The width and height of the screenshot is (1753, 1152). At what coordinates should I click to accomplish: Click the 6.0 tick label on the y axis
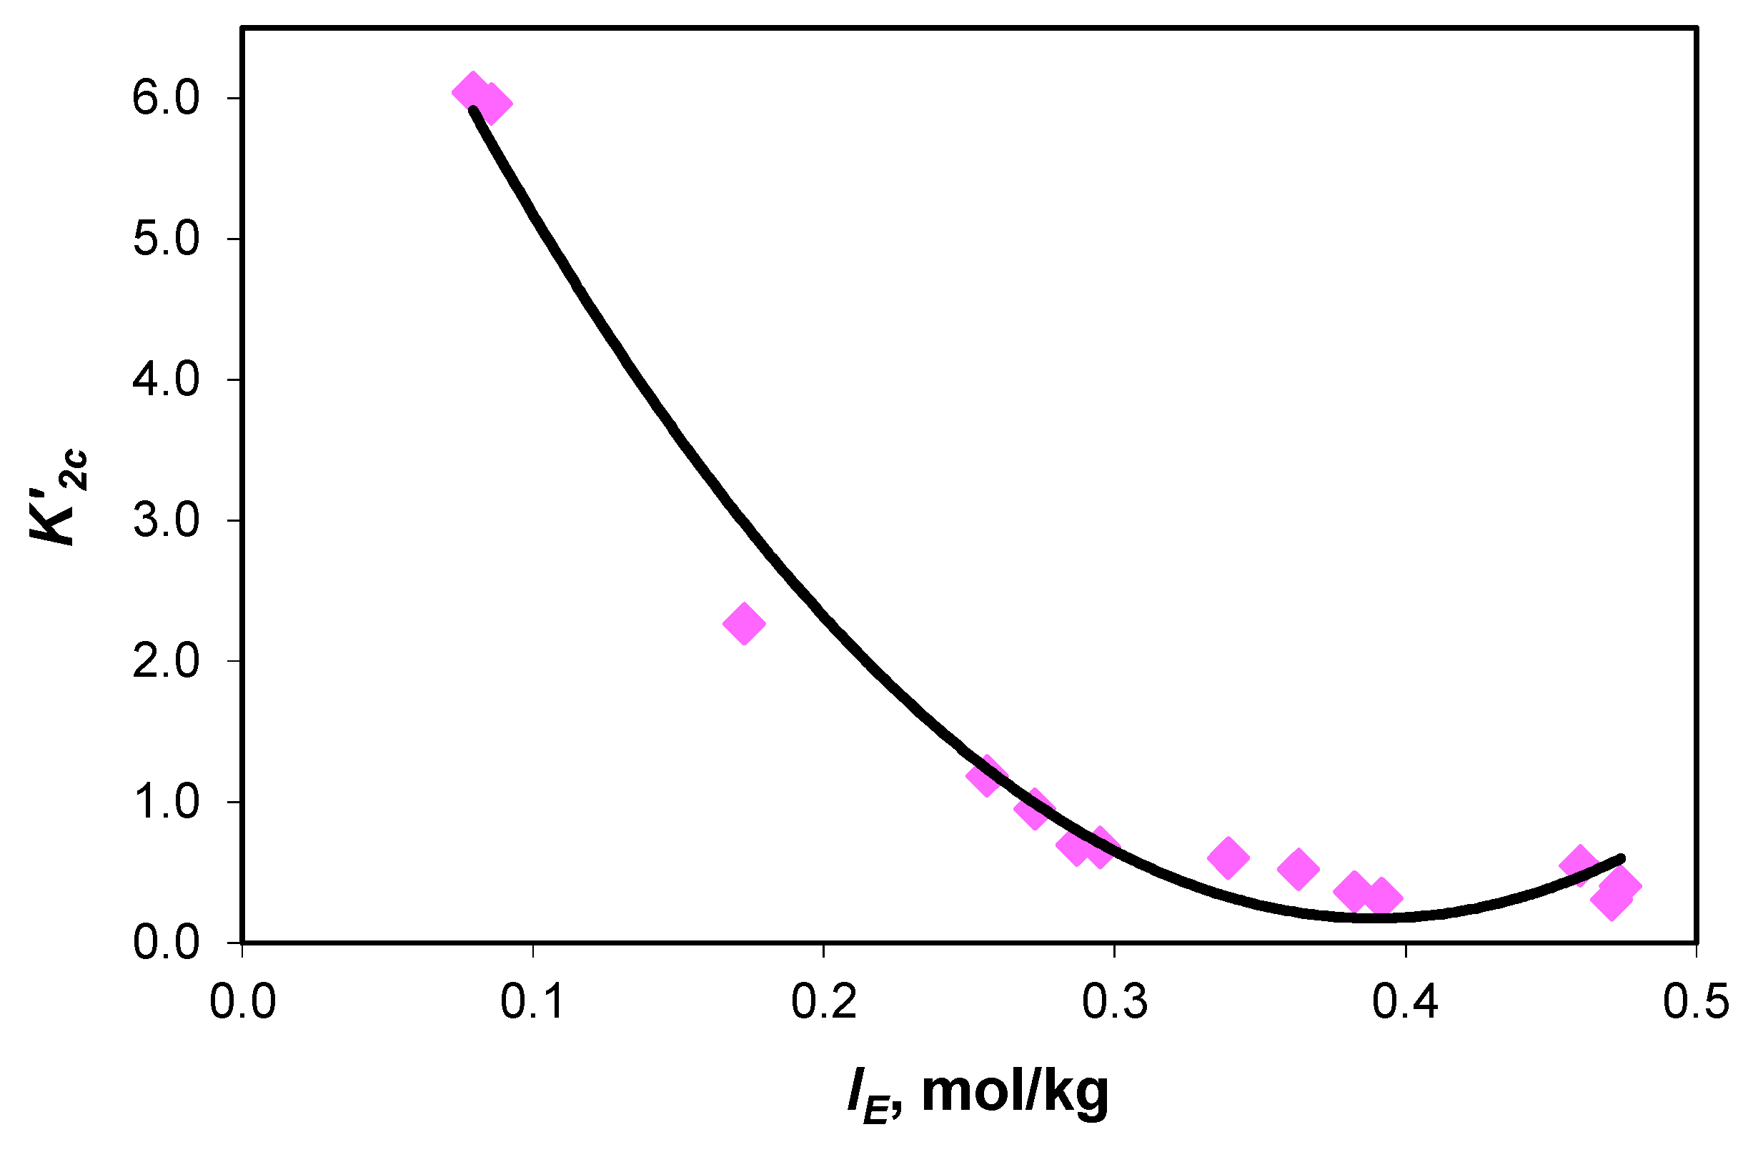[166, 99]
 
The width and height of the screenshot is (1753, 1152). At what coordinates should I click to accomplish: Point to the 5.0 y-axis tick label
[166, 239]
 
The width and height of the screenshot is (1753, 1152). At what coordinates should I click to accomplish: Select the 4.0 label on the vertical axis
[166, 380]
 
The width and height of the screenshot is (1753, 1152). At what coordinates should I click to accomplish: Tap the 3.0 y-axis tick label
[166, 521]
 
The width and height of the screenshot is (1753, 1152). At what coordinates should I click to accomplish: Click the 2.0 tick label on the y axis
[166, 662]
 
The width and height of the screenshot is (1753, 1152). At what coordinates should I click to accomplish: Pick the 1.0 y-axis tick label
[166, 802]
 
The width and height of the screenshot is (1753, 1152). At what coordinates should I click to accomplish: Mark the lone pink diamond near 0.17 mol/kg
[744, 623]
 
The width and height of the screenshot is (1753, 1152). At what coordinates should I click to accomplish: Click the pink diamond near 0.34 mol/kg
[1228, 858]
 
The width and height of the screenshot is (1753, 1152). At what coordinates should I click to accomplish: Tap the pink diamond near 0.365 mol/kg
[1298, 868]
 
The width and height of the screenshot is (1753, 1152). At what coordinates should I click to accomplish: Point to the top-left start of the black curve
[474, 111]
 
